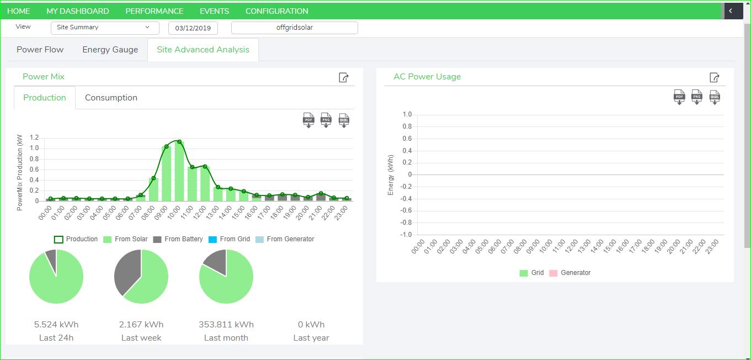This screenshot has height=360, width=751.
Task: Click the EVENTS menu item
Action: coord(214,11)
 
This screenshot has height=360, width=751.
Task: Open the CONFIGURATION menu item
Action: coord(276,11)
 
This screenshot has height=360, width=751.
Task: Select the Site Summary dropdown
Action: coord(105,28)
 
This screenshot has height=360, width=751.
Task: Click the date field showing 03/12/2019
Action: coord(193,28)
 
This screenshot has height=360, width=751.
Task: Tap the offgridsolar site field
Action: coord(294,28)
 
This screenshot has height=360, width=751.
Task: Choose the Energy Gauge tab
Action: coord(110,50)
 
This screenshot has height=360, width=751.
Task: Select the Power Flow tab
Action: coord(40,50)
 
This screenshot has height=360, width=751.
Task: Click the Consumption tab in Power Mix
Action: coord(111,98)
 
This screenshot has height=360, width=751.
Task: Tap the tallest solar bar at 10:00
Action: coord(179,172)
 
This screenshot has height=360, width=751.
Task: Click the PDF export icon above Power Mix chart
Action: coord(308,120)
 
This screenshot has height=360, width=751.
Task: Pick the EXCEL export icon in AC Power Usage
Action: coord(715,97)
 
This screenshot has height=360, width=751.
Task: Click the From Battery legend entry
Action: coord(178,239)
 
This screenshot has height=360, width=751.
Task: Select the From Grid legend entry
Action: coord(230,239)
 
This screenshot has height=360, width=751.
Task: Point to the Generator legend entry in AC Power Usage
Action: coord(570,273)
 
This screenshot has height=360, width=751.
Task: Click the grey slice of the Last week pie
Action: coord(127,272)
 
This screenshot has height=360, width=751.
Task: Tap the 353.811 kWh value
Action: coord(226,325)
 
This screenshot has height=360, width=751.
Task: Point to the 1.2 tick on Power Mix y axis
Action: coord(34,137)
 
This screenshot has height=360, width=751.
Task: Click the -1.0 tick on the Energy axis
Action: coord(406,235)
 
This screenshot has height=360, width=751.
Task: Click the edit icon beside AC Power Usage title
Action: coord(714,77)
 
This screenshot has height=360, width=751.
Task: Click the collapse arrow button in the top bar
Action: coord(731,10)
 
